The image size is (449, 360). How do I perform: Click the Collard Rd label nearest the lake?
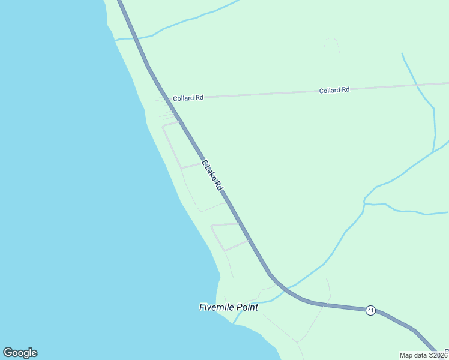pyautogui.click(x=188, y=98)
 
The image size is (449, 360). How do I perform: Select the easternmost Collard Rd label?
pyautogui.click(x=334, y=90)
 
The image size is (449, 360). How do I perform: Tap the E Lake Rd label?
pyautogui.click(x=212, y=176)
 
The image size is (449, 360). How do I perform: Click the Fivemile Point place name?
pyautogui.click(x=228, y=307)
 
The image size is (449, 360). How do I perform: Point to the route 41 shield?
pyautogui.click(x=371, y=310)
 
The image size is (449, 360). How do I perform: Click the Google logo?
pyautogui.click(x=20, y=353)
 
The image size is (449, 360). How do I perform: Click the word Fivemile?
pyautogui.click(x=216, y=307)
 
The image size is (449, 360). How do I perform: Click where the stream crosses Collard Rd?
pyautogui.click(x=417, y=86)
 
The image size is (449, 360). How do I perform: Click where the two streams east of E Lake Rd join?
pyautogui.click(x=364, y=204)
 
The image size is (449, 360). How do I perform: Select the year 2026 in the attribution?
pyautogui.click(x=440, y=355)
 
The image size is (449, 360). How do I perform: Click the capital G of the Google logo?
pyautogui.click(x=8, y=353)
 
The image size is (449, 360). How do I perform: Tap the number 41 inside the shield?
pyautogui.click(x=371, y=310)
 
